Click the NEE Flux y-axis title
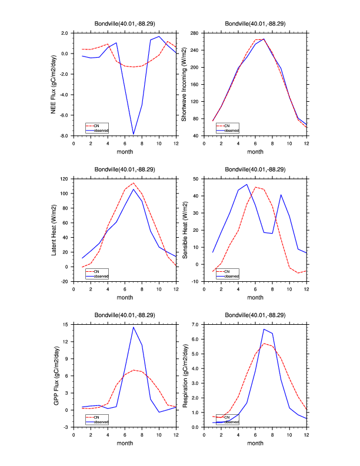[54, 84]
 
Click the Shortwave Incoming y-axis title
[184, 84]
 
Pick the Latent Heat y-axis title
[54, 230]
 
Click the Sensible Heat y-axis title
[184, 230]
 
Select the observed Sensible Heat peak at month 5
[247, 184]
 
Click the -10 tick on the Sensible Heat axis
[196, 281]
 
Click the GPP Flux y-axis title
[54, 375]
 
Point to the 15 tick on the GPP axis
[66, 324]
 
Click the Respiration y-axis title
[184, 375]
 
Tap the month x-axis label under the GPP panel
[125, 443]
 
